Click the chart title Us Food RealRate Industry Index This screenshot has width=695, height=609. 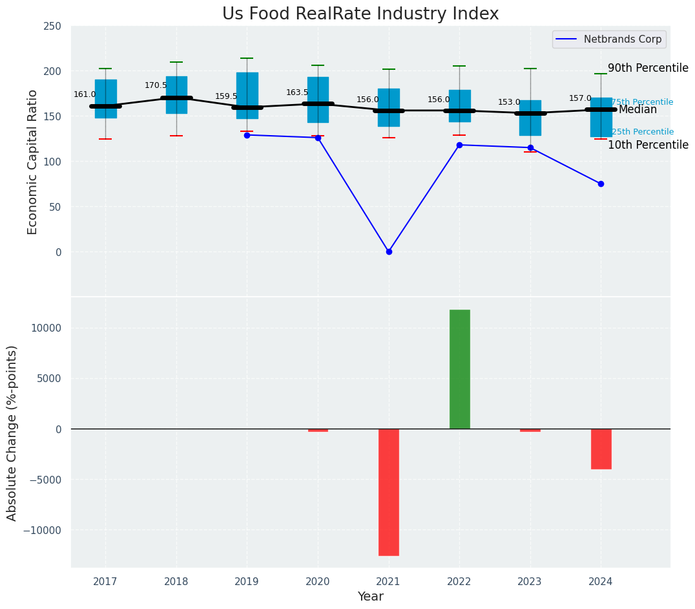coord(360,14)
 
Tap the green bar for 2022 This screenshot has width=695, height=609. coord(459,369)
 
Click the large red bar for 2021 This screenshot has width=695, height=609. coord(388,492)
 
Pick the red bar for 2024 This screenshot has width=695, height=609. coord(601,449)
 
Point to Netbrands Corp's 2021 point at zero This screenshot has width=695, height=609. coord(389,251)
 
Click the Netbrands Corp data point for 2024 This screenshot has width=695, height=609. coord(601,184)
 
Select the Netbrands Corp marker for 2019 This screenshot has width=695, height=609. coord(247,135)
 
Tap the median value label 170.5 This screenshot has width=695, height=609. coord(156,85)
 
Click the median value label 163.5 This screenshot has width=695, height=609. coord(297,92)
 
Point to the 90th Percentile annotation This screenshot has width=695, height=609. coord(648,69)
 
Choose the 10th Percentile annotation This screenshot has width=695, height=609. coord(648,145)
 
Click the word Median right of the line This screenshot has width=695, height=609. coord(638,110)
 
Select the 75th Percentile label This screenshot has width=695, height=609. coord(642,102)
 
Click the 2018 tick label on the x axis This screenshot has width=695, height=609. coord(176,582)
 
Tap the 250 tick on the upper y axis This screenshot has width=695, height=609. coord(52,26)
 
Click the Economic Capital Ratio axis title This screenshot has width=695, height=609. coord(33,162)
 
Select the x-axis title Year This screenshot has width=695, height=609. coord(370,597)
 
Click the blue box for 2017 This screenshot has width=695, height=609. coord(105,99)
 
